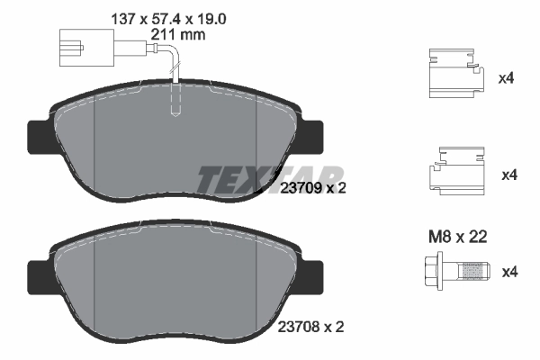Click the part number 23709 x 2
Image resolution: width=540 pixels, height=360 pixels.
(x=312, y=188)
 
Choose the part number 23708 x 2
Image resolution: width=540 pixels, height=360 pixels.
(x=312, y=328)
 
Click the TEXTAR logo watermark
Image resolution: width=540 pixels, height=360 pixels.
(x=270, y=178)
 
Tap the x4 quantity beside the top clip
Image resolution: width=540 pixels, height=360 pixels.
(x=506, y=78)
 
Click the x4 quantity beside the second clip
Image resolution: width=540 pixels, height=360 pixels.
(x=506, y=174)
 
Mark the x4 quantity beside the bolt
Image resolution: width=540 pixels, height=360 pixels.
(x=506, y=271)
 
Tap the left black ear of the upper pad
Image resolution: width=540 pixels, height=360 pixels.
(x=40, y=135)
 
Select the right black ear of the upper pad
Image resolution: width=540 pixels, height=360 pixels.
(x=310, y=135)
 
